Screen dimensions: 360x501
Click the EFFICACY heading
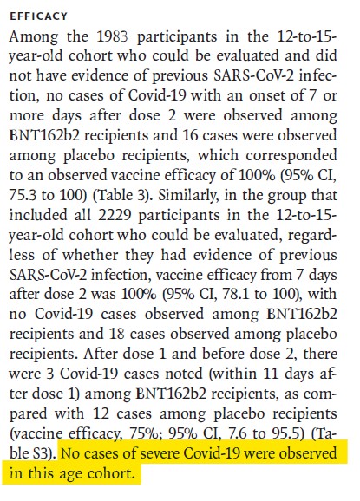coord(38,16)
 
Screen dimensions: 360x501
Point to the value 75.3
coord(22,196)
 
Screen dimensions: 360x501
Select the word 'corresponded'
coord(291,156)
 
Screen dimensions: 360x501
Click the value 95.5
coord(290,433)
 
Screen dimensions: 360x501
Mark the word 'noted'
coord(184,374)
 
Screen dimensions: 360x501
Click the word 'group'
coord(286,197)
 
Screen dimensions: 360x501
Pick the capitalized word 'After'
coord(101,354)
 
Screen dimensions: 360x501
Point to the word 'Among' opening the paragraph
coord(33,37)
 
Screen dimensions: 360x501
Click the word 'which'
coord(218,155)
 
